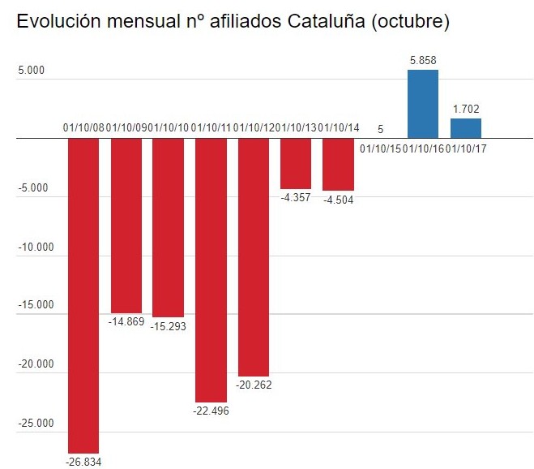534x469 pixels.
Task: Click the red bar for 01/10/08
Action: pos(83,295)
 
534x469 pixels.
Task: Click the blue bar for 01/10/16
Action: pos(422,104)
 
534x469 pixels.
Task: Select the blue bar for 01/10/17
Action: pos(465,128)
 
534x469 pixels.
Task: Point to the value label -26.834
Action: pos(83,462)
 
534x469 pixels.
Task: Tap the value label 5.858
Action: pos(422,60)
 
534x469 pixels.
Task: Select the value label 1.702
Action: pos(465,108)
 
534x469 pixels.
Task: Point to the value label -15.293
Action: pos(169,325)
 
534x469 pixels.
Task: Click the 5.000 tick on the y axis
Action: pos(31,71)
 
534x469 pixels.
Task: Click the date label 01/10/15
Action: pos(380,148)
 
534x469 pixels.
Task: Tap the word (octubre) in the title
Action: pos(409,22)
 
